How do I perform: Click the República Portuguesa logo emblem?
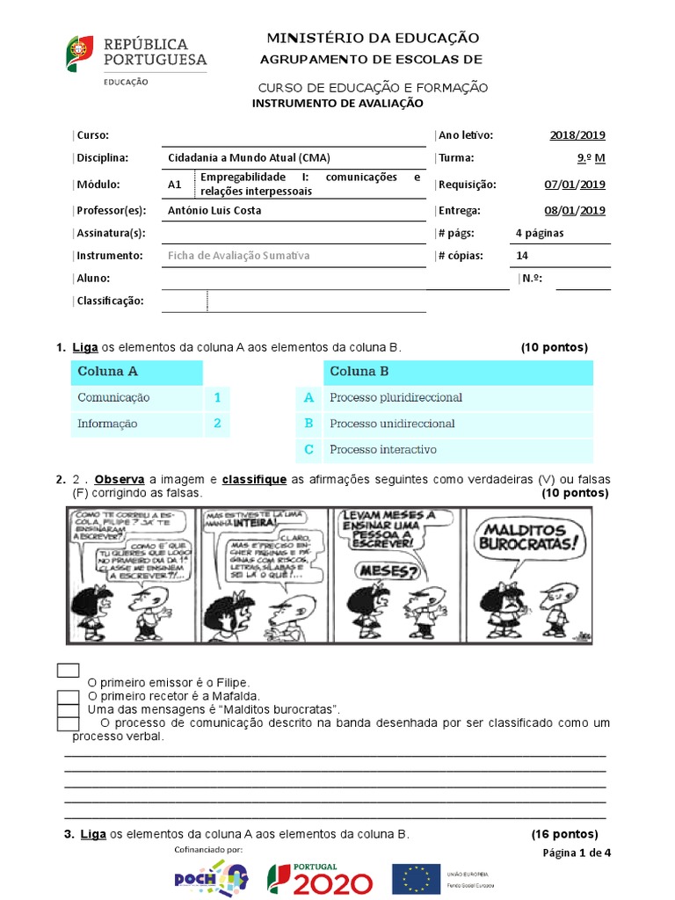79,53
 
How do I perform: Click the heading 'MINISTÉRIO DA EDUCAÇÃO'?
373,38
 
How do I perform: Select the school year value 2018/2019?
577,135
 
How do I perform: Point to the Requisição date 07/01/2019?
575,185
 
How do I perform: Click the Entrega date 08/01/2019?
575,211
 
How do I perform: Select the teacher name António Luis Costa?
214,211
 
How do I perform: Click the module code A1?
174,185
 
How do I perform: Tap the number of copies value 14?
522,256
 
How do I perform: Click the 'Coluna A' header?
107,372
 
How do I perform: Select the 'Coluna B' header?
359,372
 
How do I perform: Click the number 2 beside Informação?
217,424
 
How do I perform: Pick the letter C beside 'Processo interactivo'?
308,450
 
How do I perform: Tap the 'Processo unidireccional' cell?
392,424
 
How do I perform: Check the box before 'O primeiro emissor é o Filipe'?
68,671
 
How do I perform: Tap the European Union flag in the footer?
417,878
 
